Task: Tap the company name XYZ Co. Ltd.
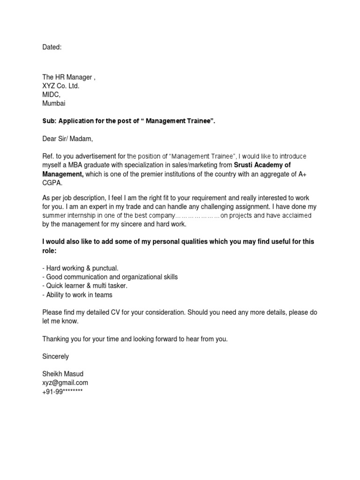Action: click(x=61, y=86)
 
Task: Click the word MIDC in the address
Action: click(x=51, y=95)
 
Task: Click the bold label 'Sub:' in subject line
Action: click(x=49, y=121)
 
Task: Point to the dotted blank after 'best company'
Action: click(x=197, y=216)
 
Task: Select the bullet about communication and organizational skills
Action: click(x=110, y=277)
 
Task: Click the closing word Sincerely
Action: click(x=55, y=356)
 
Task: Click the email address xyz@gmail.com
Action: click(x=65, y=382)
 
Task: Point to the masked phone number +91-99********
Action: click(x=62, y=391)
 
